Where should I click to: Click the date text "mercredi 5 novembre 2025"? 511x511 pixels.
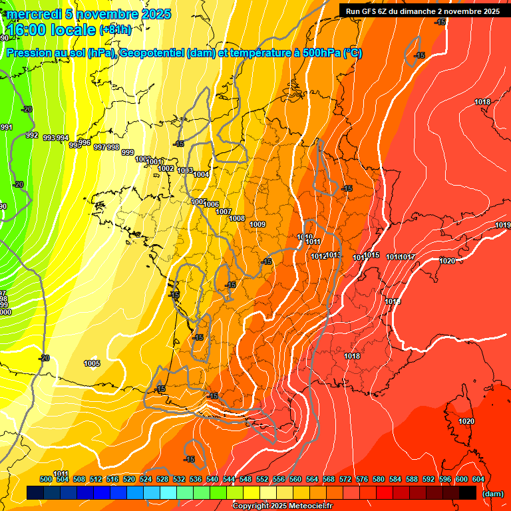click(89, 14)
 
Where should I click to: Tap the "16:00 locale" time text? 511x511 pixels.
click(52, 30)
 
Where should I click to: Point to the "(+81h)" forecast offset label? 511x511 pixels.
click(115, 30)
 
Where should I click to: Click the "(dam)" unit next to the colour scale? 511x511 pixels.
click(492, 494)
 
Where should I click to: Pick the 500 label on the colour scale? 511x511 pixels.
click(46, 479)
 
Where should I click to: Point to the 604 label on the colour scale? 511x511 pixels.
click(478, 479)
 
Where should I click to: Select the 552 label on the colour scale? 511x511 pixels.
click(262, 479)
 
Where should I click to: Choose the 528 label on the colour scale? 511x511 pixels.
click(162, 479)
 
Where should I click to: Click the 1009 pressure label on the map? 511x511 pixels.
click(258, 224)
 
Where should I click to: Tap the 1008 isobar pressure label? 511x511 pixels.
click(237, 218)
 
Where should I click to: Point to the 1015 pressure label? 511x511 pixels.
click(372, 255)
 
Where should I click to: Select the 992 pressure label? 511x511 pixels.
click(31, 135)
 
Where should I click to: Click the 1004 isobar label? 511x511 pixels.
click(202, 174)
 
